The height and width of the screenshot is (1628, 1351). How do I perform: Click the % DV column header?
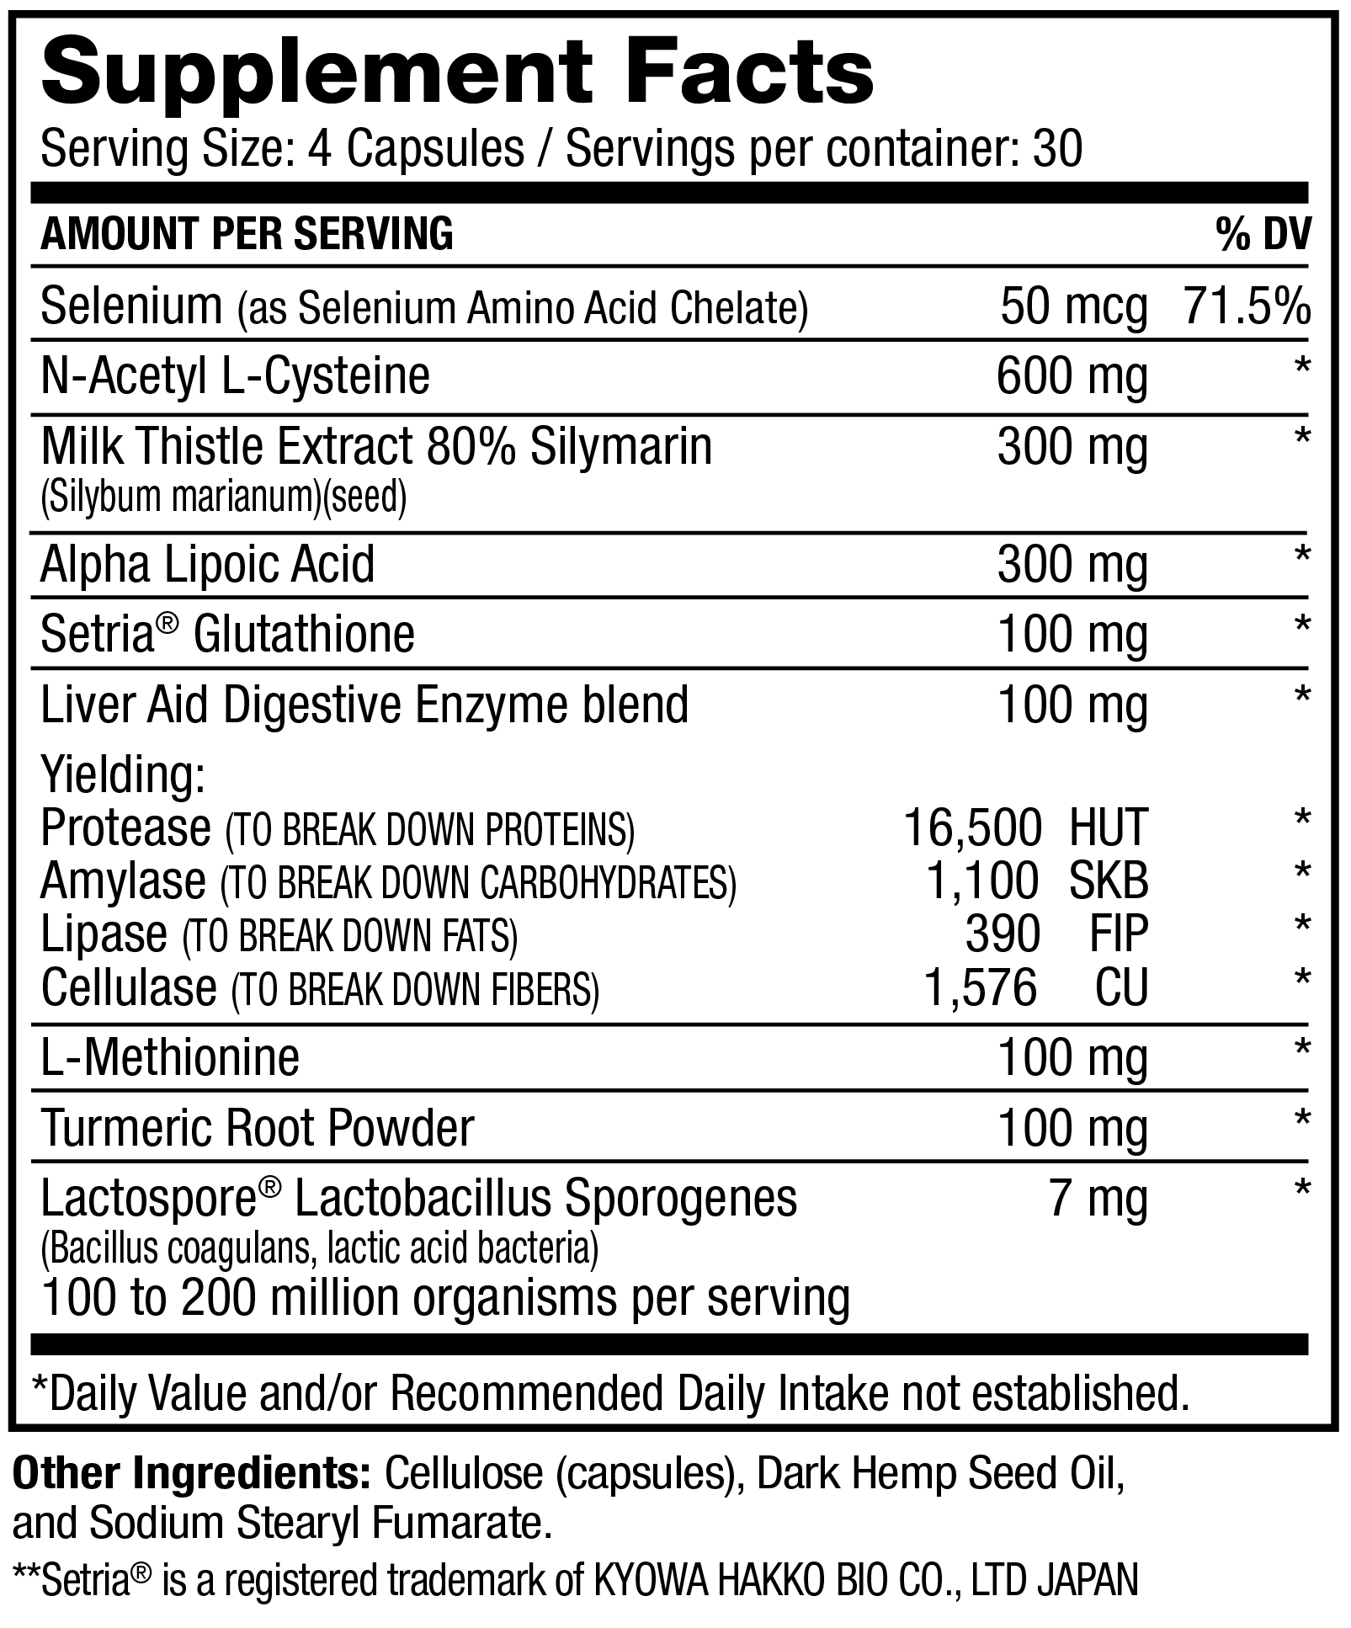click(x=1263, y=234)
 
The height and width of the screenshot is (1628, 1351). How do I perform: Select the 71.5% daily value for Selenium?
click(x=1247, y=306)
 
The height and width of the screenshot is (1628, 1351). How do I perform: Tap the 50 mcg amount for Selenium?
click(x=1073, y=306)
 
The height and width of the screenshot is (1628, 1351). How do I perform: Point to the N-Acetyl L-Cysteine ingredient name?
click(x=235, y=375)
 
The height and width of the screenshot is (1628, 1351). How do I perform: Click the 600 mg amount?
click(x=1072, y=377)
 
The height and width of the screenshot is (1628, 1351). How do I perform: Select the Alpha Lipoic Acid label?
click(x=207, y=564)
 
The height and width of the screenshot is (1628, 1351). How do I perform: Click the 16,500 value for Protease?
click(x=972, y=827)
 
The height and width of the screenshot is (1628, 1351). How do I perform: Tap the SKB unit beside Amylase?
click(x=1108, y=881)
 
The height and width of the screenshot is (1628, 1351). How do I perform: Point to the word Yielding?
click(x=123, y=775)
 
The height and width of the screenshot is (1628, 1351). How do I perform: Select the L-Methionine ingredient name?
click(x=170, y=1057)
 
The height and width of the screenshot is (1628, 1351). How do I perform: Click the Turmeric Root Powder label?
click(x=258, y=1128)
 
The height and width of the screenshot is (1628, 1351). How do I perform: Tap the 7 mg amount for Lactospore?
click(x=1098, y=1199)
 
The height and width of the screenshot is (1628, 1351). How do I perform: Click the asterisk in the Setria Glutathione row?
click(x=1302, y=625)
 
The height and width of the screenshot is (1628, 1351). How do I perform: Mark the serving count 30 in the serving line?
click(x=1057, y=150)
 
